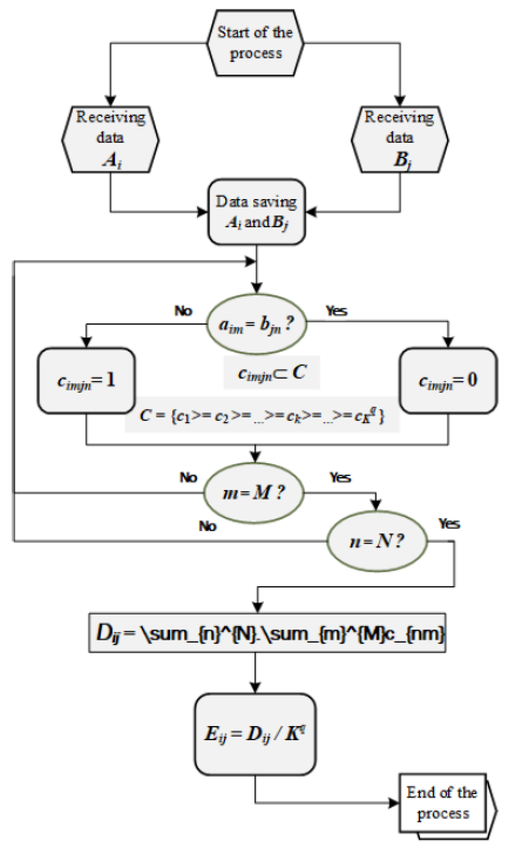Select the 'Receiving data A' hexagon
click(110, 139)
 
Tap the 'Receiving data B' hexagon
click(400, 139)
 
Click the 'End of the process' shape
click(443, 803)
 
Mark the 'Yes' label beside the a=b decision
click(337, 311)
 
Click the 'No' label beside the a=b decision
click(183, 311)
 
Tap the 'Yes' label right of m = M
click(340, 478)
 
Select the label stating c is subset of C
click(272, 373)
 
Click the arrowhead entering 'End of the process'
click(394, 803)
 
